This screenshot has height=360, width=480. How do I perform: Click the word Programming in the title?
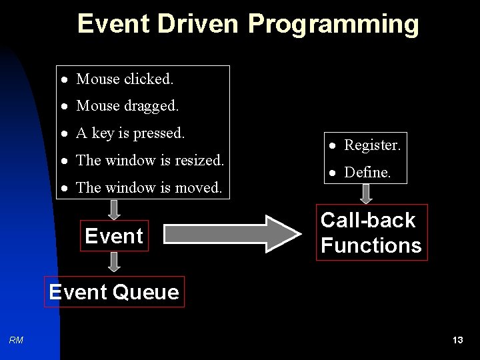pyautogui.click(x=333, y=25)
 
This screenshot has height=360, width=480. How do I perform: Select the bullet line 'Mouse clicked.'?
pyautogui.click(x=125, y=79)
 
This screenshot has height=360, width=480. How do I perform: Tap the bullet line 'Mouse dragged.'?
pyautogui.click(x=127, y=106)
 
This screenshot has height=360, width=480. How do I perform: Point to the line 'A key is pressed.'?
pyautogui.click(x=130, y=133)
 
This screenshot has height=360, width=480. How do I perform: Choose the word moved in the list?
pyautogui.click(x=198, y=188)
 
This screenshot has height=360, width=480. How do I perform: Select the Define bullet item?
pyautogui.click(x=367, y=172)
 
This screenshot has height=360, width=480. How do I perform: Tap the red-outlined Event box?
pyautogui.click(x=114, y=236)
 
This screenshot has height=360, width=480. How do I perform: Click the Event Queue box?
pyautogui.click(x=114, y=292)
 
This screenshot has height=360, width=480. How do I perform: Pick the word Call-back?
pyautogui.click(x=367, y=220)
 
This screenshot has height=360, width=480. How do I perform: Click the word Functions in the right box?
pyautogui.click(x=371, y=245)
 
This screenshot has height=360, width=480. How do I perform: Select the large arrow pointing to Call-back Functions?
pyautogui.click(x=233, y=233)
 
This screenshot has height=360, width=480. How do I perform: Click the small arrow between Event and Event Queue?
pyautogui.click(x=114, y=262)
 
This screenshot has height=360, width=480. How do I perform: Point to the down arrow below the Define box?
pyautogui.click(x=366, y=194)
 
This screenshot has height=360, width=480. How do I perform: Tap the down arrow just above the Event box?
pyautogui.click(x=114, y=209)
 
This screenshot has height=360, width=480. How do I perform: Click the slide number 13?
pyautogui.click(x=457, y=341)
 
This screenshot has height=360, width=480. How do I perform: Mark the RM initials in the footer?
pyautogui.click(x=17, y=341)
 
